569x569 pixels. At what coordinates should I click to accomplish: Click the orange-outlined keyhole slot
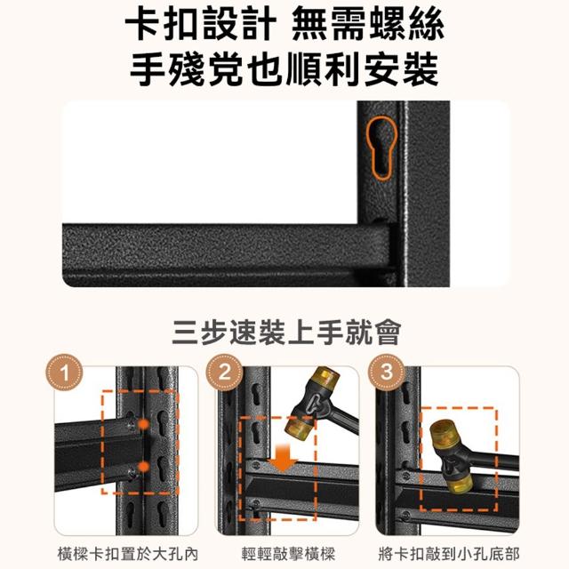coord(381,148)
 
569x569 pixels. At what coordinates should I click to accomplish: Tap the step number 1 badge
coord(64,373)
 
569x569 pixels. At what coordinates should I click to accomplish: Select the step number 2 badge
coord(225,373)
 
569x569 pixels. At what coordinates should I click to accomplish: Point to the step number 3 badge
coord(387,373)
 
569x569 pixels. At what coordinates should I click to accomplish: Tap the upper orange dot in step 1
coord(144,423)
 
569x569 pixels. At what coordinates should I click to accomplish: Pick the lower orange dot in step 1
coord(144,467)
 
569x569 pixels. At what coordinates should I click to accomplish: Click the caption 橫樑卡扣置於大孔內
coord(128,554)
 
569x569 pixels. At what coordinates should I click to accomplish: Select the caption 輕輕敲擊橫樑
coord(288,554)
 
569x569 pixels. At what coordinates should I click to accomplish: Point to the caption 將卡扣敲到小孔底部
coord(449,554)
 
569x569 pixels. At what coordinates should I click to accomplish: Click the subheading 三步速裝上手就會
coord(286,332)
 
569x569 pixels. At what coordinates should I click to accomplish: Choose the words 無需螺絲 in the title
coord(367,25)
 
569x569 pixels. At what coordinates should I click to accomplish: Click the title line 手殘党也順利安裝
coord(284,69)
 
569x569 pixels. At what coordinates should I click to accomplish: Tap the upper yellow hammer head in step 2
coord(325,380)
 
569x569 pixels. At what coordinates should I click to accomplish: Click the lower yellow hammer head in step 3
coord(459,483)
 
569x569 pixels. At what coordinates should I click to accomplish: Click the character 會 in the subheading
coord(388,332)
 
